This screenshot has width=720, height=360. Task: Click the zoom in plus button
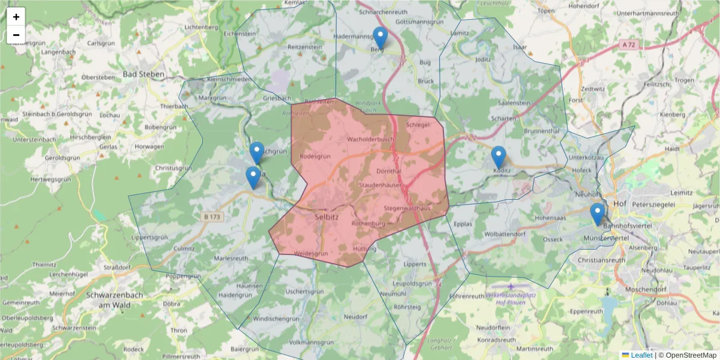click(16, 17)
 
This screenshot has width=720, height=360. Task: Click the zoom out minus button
click(16, 35)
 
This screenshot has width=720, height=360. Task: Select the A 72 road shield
click(628, 44)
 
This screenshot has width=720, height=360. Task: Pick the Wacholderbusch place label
click(370, 139)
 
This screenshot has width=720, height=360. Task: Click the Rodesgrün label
click(315, 156)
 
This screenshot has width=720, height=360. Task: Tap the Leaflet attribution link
click(641, 355)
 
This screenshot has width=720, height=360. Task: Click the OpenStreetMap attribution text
click(687, 355)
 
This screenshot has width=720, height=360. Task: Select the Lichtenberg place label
click(201, 27)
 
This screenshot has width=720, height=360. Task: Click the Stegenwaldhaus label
click(408, 208)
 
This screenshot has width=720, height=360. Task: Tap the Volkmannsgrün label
click(311, 342)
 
